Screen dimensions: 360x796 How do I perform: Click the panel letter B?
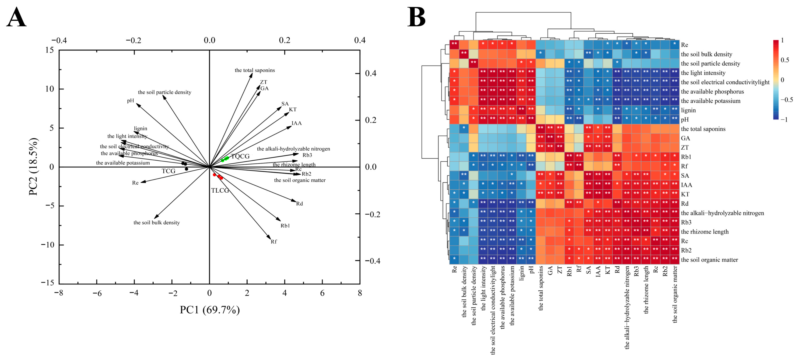click(417, 17)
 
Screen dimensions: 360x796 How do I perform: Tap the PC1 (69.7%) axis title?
click(210, 310)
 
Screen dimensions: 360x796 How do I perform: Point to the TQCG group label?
click(240, 156)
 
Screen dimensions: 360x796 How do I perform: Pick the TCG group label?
click(168, 171)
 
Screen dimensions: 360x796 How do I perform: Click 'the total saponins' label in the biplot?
click(255, 71)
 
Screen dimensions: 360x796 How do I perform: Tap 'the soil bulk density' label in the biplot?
click(156, 222)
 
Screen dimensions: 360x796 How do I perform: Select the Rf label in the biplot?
click(274, 242)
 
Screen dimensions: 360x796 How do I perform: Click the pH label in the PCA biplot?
click(130, 101)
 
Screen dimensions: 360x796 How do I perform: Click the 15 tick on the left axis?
click(48, 50)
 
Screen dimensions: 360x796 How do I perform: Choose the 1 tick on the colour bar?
click(782, 40)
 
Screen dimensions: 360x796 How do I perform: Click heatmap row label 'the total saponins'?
click(703, 129)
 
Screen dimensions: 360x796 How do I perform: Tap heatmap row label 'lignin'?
click(688, 110)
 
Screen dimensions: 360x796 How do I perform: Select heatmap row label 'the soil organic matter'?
click(709, 260)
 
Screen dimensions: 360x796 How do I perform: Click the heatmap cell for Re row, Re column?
click(454, 45)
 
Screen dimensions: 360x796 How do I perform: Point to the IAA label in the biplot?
click(296, 123)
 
